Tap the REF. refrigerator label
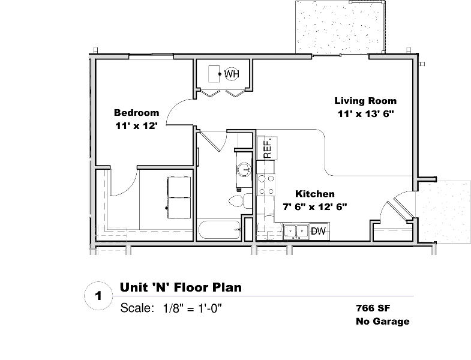(268, 148)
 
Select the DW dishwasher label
(318, 231)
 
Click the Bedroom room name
(137, 113)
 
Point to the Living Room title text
(365, 101)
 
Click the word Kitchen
(315, 194)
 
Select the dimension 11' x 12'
(137, 125)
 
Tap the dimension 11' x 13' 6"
(365, 114)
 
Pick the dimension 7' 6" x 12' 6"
(315, 207)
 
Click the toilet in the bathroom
(241, 201)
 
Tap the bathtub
(219, 230)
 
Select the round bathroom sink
(244, 170)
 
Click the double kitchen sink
(296, 232)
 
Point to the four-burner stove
(266, 185)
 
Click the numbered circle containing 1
(98, 296)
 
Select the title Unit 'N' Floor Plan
(181, 287)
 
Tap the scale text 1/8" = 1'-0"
(192, 308)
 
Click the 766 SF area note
(373, 308)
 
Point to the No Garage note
(383, 321)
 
